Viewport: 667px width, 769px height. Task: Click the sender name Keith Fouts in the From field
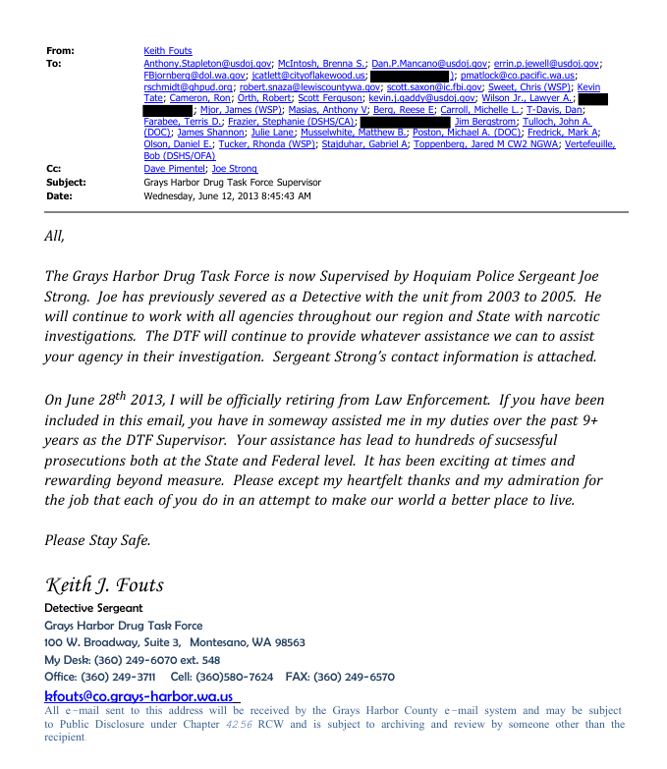[x=168, y=51]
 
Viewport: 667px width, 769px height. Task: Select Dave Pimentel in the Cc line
[x=176, y=169]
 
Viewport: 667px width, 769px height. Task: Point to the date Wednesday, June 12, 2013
[x=227, y=195]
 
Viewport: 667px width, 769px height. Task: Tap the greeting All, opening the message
[x=54, y=237]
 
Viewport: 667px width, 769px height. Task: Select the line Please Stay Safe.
[x=97, y=540]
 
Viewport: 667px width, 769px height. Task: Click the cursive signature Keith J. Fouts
[x=104, y=585]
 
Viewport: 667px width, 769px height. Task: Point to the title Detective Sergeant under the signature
[x=93, y=609]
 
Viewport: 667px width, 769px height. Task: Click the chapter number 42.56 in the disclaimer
[x=239, y=724]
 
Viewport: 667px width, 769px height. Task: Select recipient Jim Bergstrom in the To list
[x=487, y=121]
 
